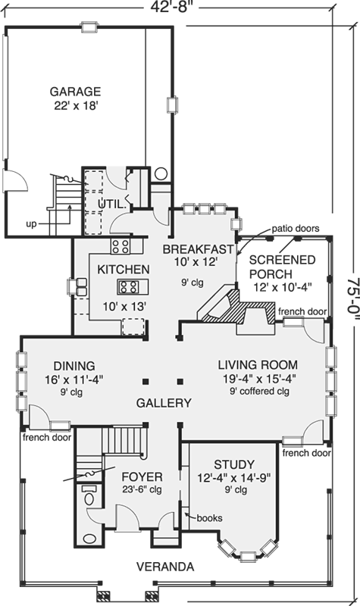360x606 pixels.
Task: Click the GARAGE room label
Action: click(75, 92)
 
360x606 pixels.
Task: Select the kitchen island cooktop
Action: click(128, 286)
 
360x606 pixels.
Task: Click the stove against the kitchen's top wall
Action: click(121, 246)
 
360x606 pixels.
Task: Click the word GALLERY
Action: click(164, 403)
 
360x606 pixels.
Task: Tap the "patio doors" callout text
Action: click(296, 229)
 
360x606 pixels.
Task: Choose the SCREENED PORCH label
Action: click(282, 267)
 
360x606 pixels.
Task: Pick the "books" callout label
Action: click(209, 517)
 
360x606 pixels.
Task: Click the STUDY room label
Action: click(234, 464)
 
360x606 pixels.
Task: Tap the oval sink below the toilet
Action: click(90, 539)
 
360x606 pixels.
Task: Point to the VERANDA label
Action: click(165, 567)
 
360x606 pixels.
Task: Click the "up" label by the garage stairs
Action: click(31, 223)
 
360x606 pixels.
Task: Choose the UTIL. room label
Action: click(112, 204)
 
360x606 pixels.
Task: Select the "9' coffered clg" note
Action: click(259, 391)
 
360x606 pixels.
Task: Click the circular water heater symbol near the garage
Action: click(161, 173)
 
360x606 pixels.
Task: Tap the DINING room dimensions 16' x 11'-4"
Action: click(74, 380)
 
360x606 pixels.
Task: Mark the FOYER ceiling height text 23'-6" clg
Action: click(142, 489)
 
